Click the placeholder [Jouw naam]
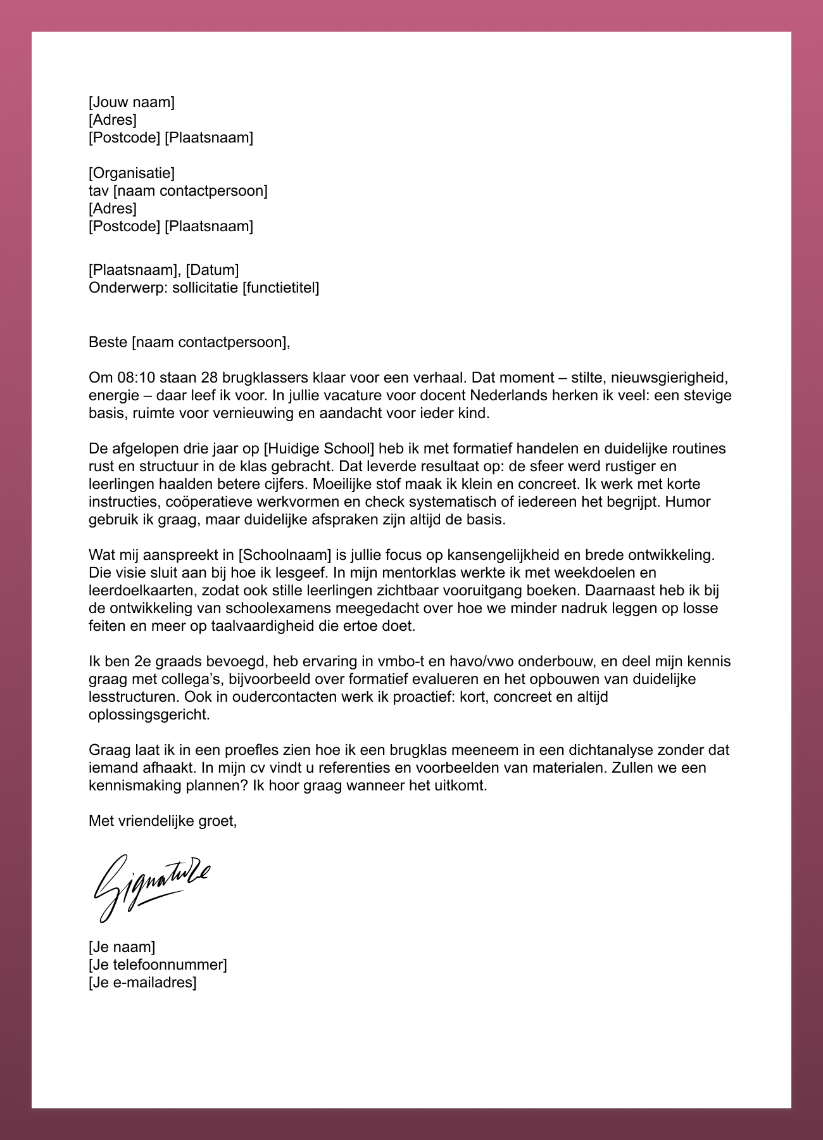coord(132,102)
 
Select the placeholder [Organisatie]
coord(132,173)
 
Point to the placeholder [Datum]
coord(212,270)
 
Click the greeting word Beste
coord(108,343)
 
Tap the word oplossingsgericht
coord(148,715)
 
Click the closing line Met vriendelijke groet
coord(163,821)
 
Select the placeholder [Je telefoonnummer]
coord(158,965)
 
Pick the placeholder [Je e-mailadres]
coord(142,982)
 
